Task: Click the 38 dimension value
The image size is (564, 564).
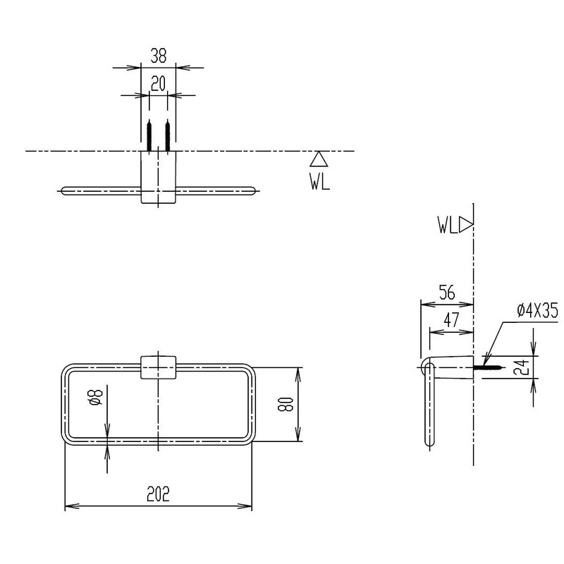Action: pyautogui.click(x=158, y=56)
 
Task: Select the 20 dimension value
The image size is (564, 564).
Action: pyautogui.click(x=158, y=84)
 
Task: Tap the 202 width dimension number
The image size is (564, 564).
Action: pyautogui.click(x=158, y=493)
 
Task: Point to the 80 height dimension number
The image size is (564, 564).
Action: pyautogui.click(x=286, y=404)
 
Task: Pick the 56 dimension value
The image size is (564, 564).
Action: pyautogui.click(x=447, y=293)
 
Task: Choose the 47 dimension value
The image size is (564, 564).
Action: pyautogui.click(x=451, y=319)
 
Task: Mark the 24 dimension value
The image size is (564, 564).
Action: pyautogui.click(x=522, y=367)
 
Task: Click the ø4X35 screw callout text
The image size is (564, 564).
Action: pyautogui.click(x=537, y=310)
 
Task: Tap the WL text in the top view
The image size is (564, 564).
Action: pyautogui.click(x=320, y=181)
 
